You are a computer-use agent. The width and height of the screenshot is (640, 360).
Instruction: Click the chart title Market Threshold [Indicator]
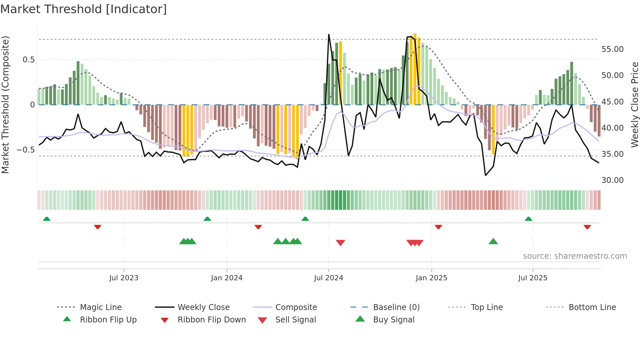pos(84,9)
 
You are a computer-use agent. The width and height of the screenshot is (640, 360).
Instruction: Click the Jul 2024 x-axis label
pos(328,278)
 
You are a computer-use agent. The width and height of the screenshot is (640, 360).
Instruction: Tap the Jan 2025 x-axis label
pos(431,278)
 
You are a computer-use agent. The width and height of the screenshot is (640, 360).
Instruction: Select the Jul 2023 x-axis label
pos(124,278)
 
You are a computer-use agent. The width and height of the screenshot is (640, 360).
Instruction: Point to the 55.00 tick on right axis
pos(612,49)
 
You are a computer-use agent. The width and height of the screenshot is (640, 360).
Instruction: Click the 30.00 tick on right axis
pos(612,180)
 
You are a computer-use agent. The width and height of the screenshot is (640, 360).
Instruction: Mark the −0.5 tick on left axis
pos(25,150)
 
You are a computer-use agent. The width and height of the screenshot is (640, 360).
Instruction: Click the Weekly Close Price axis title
pos(634,105)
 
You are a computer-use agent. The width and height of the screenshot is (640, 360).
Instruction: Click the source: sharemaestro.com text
pos(575,256)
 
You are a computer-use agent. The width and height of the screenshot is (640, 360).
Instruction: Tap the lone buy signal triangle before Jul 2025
pos(493,241)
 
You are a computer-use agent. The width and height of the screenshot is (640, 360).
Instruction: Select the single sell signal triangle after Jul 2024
pos(340,243)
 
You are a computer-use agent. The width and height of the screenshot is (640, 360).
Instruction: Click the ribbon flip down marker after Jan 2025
pos(438,227)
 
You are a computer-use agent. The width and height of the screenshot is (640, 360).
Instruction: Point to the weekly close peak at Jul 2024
pos(328,35)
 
